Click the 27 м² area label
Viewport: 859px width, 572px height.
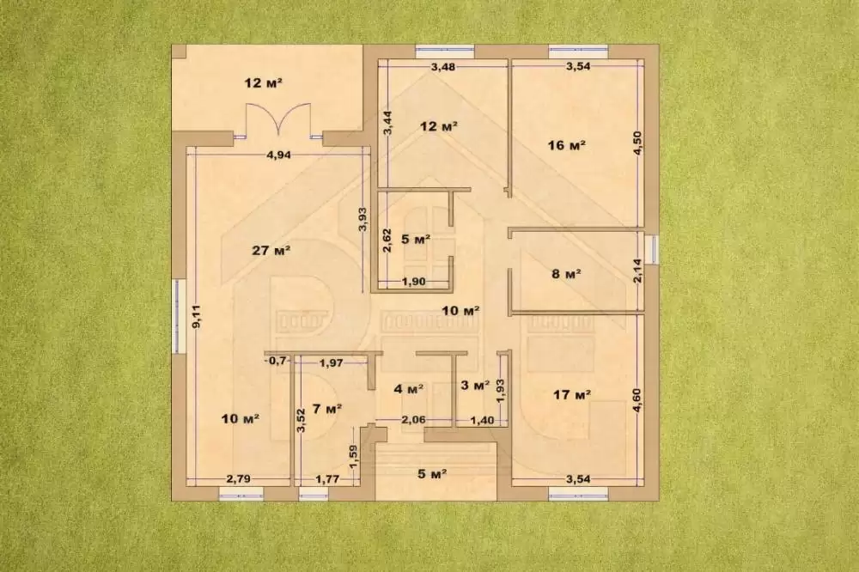(x=271, y=251)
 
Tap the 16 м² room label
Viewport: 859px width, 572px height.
(x=566, y=145)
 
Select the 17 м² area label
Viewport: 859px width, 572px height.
(x=571, y=394)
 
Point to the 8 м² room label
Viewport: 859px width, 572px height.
(x=566, y=273)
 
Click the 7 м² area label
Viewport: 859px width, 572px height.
(x=327, y=409)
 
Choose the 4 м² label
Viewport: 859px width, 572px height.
(x=409, y=389)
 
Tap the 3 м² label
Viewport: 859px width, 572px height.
(x=475, y=386)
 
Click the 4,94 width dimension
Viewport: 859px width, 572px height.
(x=278, y=155)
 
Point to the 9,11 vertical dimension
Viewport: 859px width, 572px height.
(x=196, y=316)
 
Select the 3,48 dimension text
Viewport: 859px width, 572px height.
(x=442, y=67)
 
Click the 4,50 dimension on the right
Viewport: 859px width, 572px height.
(x=637, y=143)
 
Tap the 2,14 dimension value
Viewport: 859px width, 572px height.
(x=637, y=271)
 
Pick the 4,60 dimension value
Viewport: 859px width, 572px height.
(x=637, y=400)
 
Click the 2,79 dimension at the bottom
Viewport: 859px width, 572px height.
(x=238, y=479)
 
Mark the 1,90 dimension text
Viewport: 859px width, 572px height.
(x=414, y=283)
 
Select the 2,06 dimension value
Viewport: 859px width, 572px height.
(x=414, y=420)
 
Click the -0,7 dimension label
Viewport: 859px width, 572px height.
(x=277, y=361)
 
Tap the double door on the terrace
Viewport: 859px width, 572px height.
(x=279, y=119)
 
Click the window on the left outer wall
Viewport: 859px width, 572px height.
(x=178, y=315)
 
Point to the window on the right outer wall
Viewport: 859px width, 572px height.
(x=651, y=249)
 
